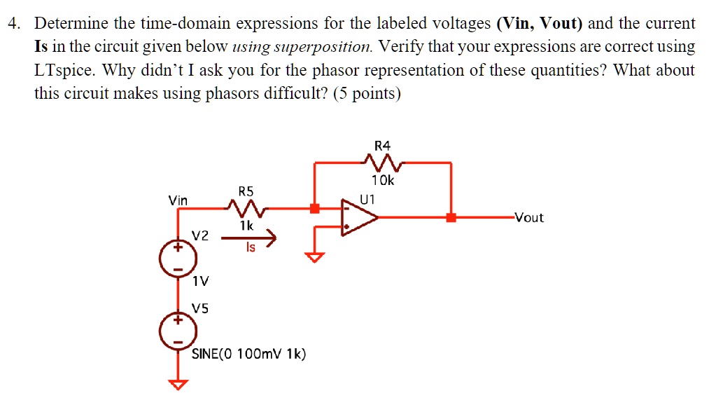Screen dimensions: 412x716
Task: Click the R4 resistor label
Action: (x=382, y=146)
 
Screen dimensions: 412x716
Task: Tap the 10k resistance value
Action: (x=383, y=181)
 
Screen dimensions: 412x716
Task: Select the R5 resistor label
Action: (x=246, y=191)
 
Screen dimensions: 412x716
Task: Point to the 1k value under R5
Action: (x=246, y=226)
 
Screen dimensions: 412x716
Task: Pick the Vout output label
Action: (x=528, y=218)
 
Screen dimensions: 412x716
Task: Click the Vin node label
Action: (x=178, y=201)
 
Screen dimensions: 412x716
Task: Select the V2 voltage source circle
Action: (x=178, y=257)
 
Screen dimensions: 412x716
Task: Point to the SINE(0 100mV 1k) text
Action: (x=248, y=355)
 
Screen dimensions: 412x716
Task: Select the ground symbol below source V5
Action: (x=178, y=383)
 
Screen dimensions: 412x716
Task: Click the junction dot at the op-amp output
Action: (x=451, y=218)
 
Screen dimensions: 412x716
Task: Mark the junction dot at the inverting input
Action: (x=315, y=208)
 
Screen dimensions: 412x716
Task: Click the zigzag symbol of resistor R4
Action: (x=382, y=164)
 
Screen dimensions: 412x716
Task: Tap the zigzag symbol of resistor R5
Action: (x=246, y=208)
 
